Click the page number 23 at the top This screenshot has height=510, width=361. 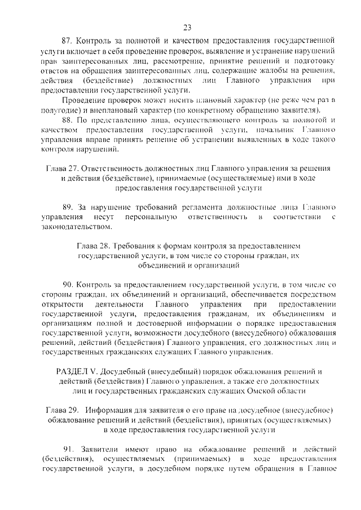tap(188, 26)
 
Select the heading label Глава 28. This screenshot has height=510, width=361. tap(93, 246)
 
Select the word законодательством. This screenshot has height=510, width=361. tap(76, 227)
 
